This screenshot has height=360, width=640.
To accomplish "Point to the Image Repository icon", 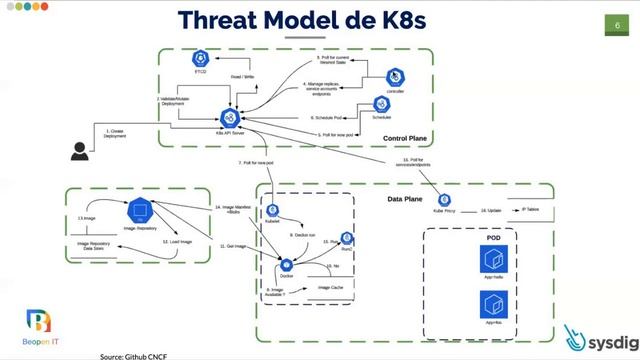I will pos(139,211).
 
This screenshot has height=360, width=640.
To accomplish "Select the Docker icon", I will pos(286,263).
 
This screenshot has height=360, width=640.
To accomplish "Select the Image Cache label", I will pos(331,288).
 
